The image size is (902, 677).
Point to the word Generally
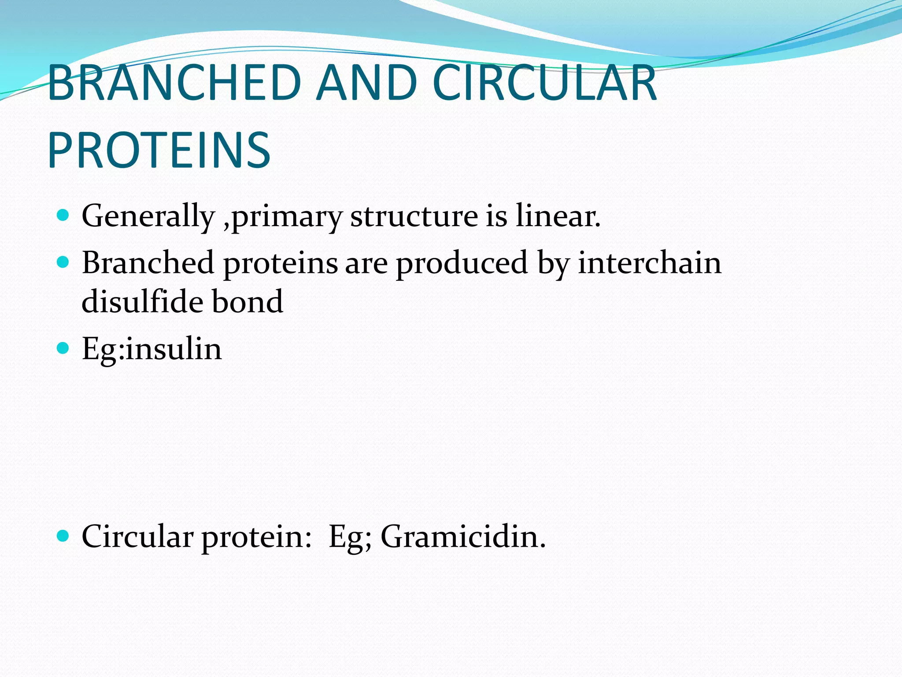click(x=148, y=216)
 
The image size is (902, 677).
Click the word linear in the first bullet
click(x=558, y=216)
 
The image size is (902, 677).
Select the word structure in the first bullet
click(x=414, y=216)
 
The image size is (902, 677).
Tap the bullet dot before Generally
click(x=63, y=216)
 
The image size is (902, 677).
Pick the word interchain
click(x=650, y=263)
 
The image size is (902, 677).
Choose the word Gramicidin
click(x=462, y=537)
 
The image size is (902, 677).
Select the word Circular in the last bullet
click(x=137, y=537)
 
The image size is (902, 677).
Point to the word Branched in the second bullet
click(x=148, y=263)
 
